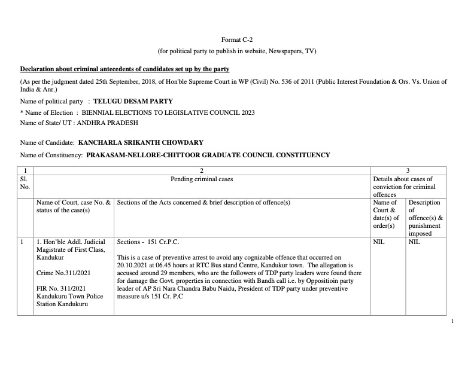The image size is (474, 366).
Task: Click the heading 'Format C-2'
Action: (x=236, y=39)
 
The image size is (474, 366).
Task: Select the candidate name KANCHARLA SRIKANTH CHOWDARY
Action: (x=141, y=142)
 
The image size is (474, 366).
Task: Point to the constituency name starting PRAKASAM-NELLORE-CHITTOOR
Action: (x=208, y=155)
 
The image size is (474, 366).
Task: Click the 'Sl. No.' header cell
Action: (x=25, y=182)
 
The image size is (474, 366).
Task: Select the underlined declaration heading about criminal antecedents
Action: (x=124, y=69)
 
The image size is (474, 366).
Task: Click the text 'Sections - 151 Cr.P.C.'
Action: (x=148, y=242)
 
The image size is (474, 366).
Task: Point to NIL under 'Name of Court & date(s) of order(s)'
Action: (x=378, y=242)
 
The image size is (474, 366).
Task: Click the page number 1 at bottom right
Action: (x=452, y=322)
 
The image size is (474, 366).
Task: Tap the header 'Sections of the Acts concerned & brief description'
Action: (x=203, y=203)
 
